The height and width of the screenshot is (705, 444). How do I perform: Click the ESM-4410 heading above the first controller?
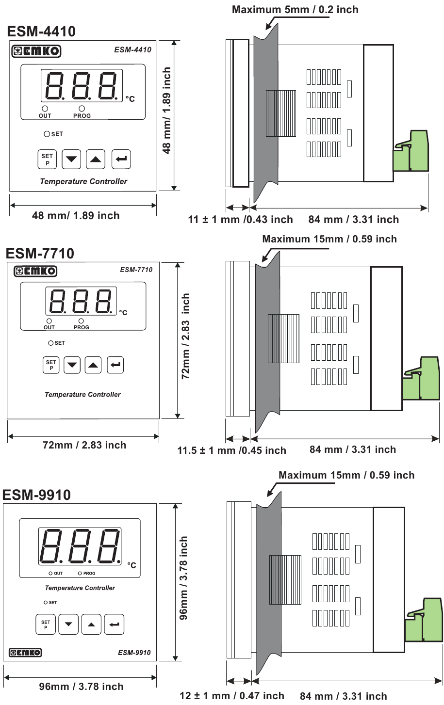tap(41, 32)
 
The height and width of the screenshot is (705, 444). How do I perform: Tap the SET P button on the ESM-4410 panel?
tap(47, 159)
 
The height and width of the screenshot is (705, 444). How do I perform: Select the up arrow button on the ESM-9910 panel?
tap(91, 625)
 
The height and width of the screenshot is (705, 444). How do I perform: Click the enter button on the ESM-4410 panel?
tap(121, 159)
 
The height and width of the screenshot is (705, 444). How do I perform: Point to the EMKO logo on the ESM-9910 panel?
tap(25, 653)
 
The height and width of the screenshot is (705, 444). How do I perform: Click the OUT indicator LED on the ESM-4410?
tap(45, 109)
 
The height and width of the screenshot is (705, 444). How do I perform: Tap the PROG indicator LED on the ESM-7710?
tap(81, 321)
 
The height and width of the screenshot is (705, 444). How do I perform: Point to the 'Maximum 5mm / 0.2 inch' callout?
tap(295, 10)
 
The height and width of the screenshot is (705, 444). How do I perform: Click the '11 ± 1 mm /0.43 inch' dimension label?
tap(240, 220)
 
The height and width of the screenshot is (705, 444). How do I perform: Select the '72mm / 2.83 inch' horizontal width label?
tap(84, 445)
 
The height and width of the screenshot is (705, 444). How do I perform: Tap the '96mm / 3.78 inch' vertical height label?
tap(183, 578)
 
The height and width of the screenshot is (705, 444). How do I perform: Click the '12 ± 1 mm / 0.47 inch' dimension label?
tap(231, 696)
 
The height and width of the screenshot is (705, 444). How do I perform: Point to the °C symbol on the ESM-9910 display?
tap(132, 565)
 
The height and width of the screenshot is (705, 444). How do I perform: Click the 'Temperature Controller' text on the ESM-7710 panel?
tap(82, 395)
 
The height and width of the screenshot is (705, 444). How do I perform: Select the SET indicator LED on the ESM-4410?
tap(47, 134)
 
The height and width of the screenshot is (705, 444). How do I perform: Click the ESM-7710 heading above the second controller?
tap(40, 254)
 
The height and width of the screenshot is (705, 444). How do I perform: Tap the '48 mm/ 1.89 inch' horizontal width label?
tap(76, 216)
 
